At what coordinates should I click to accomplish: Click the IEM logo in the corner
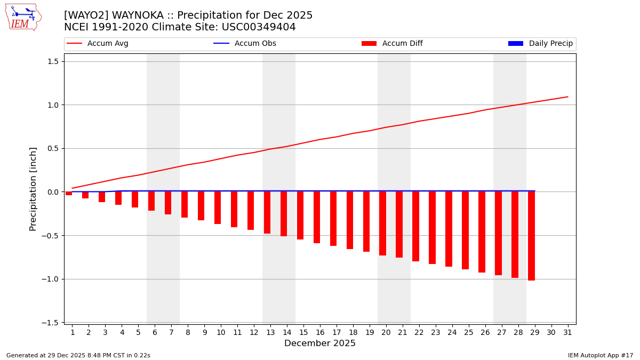tap(23, 17)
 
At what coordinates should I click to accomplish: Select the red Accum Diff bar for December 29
tap(532, 236)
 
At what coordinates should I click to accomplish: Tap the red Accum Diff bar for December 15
tap(300, 215)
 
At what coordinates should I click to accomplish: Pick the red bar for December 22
tap(416, 226)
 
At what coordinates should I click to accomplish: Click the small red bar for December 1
tap(69, 194)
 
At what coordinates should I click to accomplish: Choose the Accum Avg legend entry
tap(98, 44)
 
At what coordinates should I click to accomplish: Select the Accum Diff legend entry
tap(393, 44)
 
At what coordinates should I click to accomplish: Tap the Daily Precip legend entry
tap(541, 44)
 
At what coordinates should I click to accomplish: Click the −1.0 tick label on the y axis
tap(50, 279)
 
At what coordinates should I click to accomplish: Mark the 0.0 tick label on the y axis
tap(52, 192)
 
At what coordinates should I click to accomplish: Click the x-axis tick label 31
tap(567, 332)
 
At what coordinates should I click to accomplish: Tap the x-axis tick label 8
tap(188, 332)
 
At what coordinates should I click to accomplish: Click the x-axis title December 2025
tap(320, 343)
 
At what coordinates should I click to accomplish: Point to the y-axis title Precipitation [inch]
tap(33, 189)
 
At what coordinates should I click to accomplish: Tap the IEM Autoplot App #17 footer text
tap(601, 355)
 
